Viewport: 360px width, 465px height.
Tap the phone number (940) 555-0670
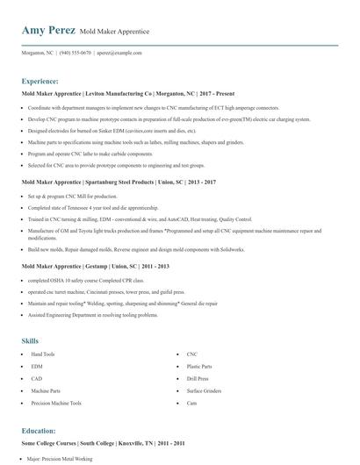tap(75, 53)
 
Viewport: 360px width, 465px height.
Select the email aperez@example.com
tap(119, 53)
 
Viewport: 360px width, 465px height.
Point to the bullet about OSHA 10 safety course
tap(78, 280)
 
